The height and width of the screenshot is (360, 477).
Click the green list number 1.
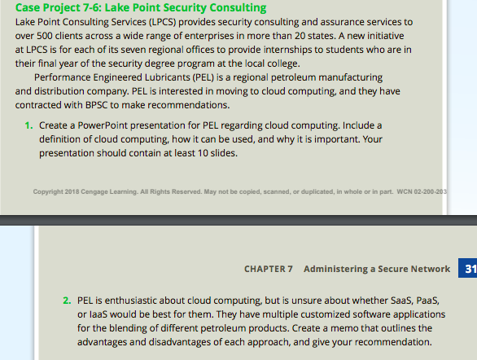point(28,125)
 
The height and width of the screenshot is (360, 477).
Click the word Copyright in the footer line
point(48,192)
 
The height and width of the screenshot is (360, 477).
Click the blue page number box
point(469,269)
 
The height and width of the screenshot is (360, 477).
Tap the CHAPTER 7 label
point(268,269)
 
